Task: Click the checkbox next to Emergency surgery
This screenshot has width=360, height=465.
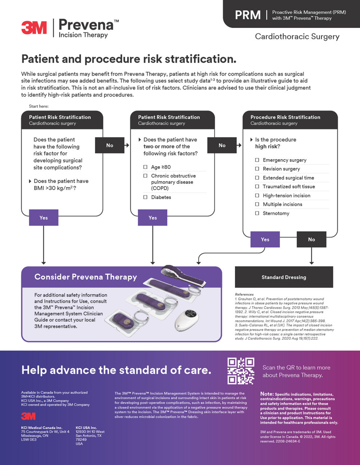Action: [257, 160]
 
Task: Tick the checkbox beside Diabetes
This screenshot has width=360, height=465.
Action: [145, 197]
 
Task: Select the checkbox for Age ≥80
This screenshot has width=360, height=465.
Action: [145, 167]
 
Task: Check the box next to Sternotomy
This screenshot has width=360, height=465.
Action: [257, 213]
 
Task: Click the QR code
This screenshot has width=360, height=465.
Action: [241, 371]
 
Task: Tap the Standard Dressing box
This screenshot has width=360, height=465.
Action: [284, 277]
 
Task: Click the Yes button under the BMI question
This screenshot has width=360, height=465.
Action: [44, 218]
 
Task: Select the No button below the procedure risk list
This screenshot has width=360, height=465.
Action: [311, 239]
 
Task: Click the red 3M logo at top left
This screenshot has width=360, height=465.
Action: [34, 28]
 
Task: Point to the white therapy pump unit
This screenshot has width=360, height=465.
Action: [187, 318]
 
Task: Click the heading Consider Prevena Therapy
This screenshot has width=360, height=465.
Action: [85, 277]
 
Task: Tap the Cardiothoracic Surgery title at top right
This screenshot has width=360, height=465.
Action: [297, 36]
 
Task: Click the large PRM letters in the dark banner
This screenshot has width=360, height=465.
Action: [248, 15]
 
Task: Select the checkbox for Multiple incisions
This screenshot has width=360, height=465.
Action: [257, 205]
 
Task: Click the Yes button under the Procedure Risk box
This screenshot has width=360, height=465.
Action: [265, 239]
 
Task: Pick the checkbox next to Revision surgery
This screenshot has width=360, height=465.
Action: [257, 169]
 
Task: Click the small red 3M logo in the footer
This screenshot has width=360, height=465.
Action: [28, 416]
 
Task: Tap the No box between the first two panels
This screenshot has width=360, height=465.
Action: [109, 145]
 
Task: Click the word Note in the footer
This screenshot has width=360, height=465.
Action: [267, 394]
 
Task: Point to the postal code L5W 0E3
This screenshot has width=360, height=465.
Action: [29, 440]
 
